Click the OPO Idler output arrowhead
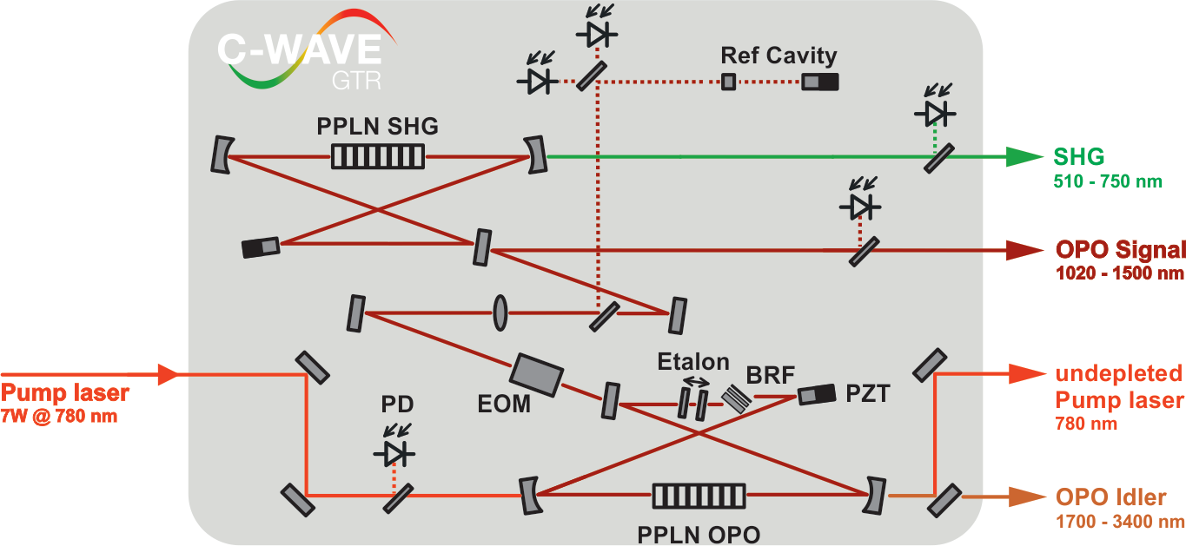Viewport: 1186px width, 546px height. (x=1024, y=497)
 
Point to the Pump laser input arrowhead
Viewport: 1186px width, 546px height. (x=167, y=375)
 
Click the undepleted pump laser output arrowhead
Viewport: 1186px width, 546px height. (x=1024, y=374)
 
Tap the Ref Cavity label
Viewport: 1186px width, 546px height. (x=779, y=56)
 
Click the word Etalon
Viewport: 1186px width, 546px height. (x=692, y=361)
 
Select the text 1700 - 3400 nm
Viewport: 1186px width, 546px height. (x=1120, y=523)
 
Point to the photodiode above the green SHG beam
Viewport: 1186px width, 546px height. (x=934, y=113)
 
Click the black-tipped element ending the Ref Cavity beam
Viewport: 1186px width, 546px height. (x=819, y=82)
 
